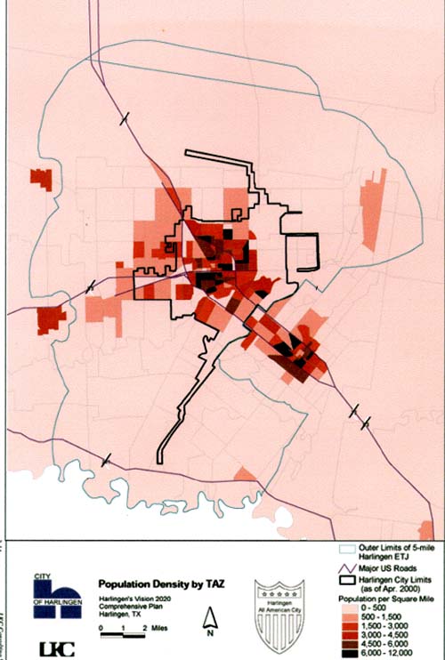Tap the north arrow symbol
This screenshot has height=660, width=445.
pyautogui.click(x=213, y=615)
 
